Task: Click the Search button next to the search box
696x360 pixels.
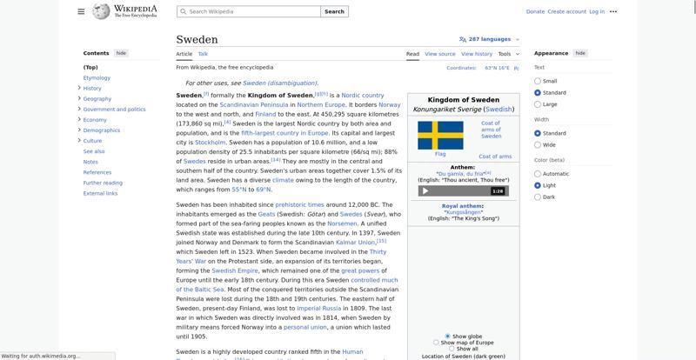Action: (x=334, y=11)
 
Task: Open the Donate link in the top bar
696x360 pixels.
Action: (x=535, y=11)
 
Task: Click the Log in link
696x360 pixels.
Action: (x=597, y=11)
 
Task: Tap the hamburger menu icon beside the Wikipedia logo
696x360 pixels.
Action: (x=81, y=11)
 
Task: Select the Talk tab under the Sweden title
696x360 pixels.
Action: (x=203, y=54)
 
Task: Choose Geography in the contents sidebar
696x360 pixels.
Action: (x=97, y=98)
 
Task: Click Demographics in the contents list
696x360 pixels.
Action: (x=102, y=130)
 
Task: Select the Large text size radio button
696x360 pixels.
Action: (x=538, y=104)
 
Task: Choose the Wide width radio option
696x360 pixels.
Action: (x=538, y=145)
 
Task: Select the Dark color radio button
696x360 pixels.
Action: (x=538, y=197)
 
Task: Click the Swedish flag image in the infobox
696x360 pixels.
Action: (x=440, y=135)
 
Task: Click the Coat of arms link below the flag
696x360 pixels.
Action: (x=495, y=157)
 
